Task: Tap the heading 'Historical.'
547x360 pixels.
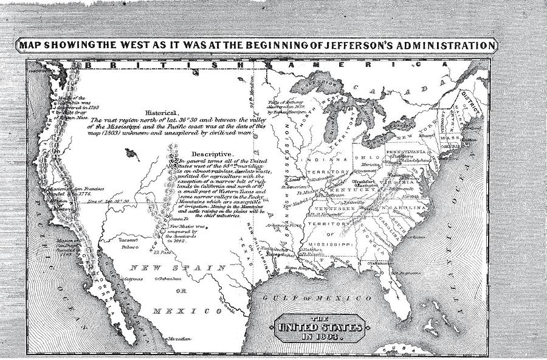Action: pyautogui.click(x=163, y=112)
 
